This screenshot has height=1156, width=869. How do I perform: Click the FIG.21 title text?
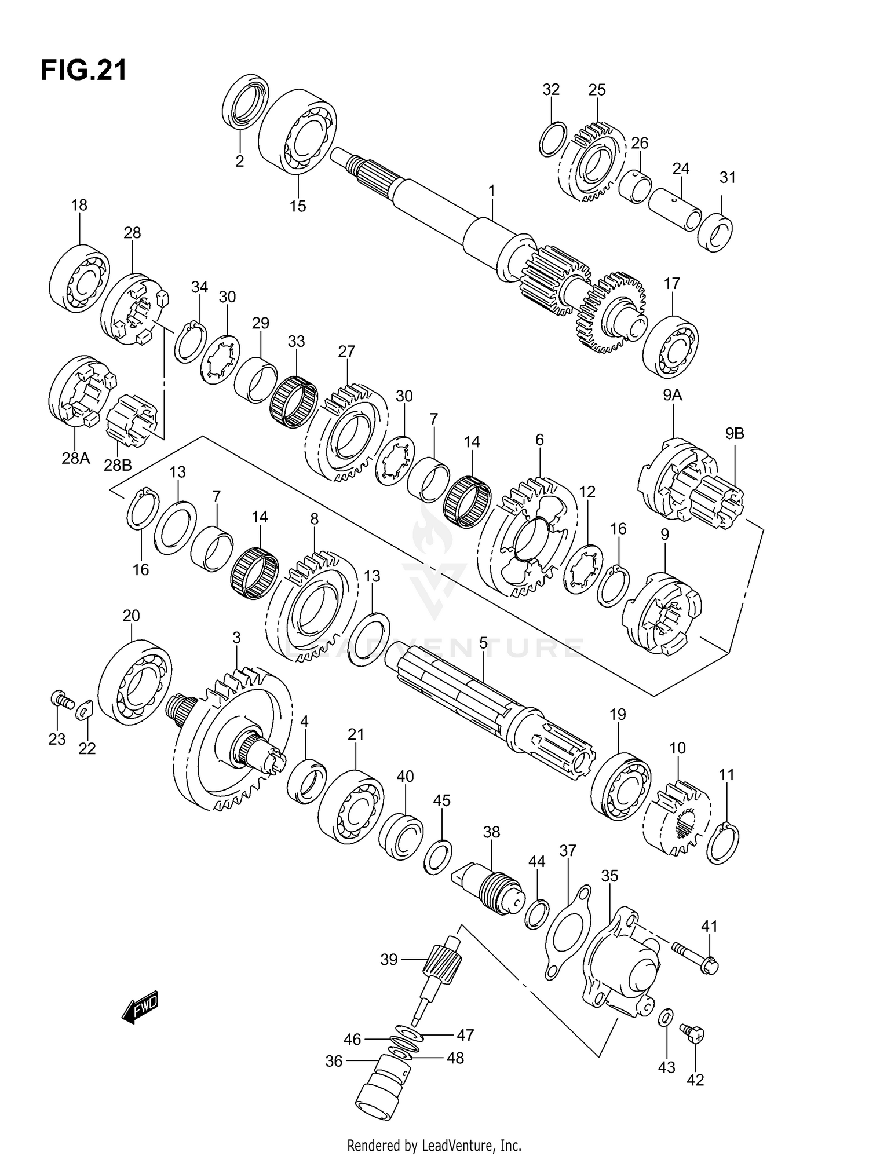coord(83,71)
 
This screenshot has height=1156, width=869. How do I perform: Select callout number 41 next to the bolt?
coord(709,926)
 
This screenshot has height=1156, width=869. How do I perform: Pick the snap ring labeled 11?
coord(723,843)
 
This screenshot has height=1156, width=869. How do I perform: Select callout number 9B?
coord(734,433)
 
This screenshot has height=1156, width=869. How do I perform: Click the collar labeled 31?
coord(715,233)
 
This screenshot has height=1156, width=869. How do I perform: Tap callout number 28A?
coord(76,458)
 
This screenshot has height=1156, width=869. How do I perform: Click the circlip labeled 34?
coord(191,342)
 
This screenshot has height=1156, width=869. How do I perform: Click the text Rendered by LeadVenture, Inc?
coord(434,1145)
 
